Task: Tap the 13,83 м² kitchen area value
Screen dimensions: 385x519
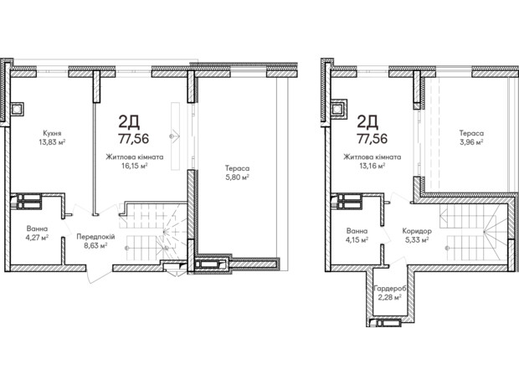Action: coord(52,142)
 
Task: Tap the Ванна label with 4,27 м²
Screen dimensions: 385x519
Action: coord(36,228)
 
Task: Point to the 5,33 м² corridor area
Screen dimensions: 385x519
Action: coord(418,240)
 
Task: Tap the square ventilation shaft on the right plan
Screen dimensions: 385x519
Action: coord(341,106)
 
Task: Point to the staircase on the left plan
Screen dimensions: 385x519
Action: coord(152,230)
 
